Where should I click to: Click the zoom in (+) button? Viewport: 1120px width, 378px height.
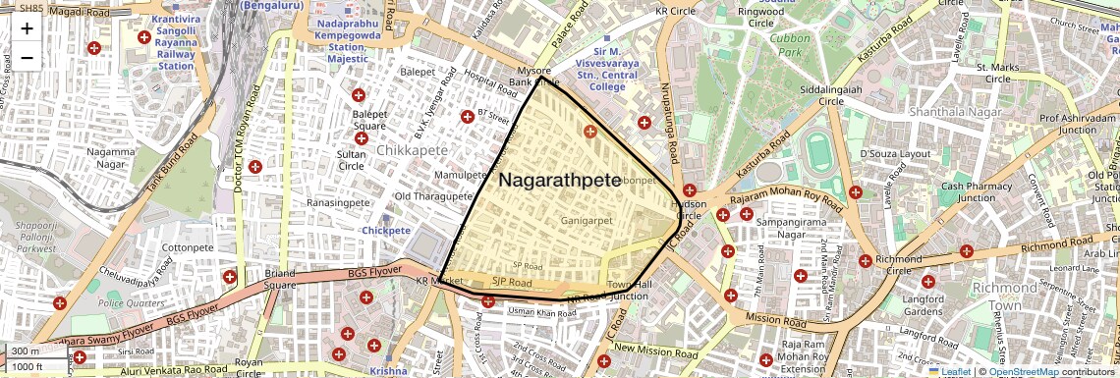27,28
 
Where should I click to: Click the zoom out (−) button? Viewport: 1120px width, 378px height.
27,58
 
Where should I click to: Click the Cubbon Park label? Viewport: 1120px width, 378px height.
788,44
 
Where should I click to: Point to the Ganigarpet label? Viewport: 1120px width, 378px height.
587,221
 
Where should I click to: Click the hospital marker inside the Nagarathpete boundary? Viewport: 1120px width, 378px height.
590,131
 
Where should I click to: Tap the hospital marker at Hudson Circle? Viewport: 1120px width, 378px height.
689,190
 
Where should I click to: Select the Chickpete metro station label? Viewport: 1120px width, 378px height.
385,230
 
